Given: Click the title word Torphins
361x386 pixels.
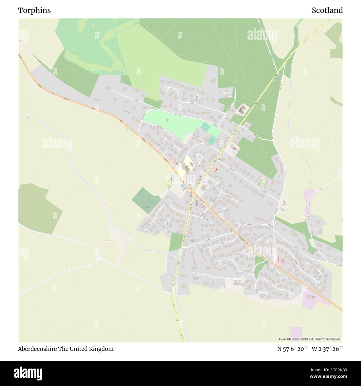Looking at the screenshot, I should click(34, 11).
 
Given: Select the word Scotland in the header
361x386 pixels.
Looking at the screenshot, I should click(327, 11).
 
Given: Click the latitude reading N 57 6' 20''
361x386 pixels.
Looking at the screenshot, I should click(292, 349).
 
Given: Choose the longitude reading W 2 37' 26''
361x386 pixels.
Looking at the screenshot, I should click(327, 349).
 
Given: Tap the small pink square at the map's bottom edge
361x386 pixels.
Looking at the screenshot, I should click(296, 332).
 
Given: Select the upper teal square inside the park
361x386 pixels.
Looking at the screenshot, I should click(205, 127).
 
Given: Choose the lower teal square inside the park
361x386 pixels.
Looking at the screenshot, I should click(212, 140).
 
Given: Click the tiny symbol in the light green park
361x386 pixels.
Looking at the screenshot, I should click(167, 120).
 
